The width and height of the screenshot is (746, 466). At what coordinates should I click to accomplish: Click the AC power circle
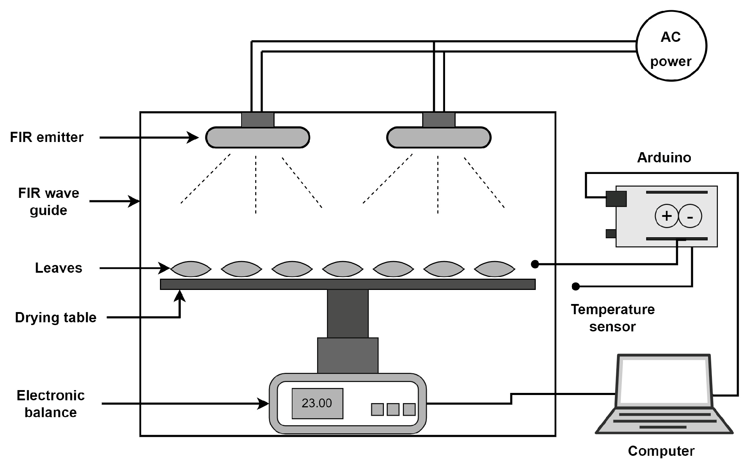(671, 46)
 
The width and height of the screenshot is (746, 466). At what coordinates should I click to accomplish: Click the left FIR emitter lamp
(257, 137)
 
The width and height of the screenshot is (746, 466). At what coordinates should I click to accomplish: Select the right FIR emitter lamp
(438, 137)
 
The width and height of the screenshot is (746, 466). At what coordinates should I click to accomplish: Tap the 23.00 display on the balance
(317, 403)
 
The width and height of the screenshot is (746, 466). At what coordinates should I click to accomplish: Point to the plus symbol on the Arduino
(666, 216)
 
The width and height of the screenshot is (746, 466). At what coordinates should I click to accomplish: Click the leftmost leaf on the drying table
(191, 269)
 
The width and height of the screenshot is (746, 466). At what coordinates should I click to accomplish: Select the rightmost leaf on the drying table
(495, 269)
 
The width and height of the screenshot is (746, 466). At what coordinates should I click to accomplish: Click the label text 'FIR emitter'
(47, 137)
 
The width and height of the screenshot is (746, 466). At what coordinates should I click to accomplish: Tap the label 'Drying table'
(56, 317)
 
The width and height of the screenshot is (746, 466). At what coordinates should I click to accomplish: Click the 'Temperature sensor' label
(612, 318)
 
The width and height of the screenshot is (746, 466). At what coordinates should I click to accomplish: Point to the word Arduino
(664, 157)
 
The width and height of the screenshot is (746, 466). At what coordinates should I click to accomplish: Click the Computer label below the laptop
(661, 451)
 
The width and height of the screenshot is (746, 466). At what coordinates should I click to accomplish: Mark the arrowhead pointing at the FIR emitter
(193, 137)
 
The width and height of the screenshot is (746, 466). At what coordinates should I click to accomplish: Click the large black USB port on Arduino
(616, 199)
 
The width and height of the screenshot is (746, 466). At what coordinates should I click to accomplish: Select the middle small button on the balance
(393, 409)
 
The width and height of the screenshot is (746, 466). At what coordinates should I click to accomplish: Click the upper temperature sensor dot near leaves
(535, 264)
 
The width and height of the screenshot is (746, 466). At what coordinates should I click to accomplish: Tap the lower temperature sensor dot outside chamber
(575, 287)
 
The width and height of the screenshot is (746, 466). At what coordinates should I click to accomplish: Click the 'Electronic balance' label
(51, 404)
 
